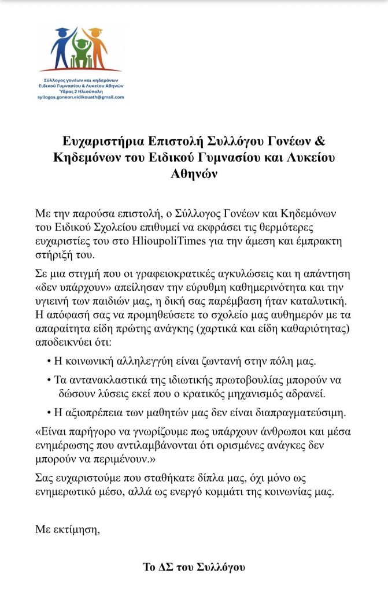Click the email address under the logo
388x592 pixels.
click(x=82, y=97)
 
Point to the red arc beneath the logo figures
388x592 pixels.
click(x=81, y=68)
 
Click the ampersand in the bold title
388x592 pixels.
click(x=320, y=140)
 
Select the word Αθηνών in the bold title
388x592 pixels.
click(x=194, y=175)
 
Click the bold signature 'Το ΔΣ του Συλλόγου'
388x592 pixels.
click(x=194, y=567)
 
